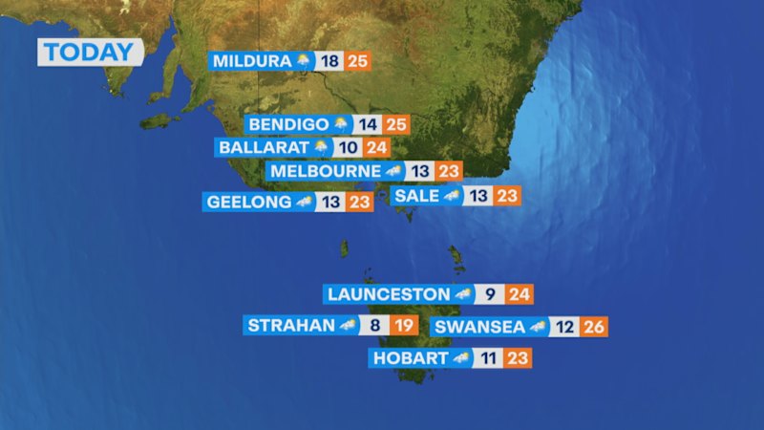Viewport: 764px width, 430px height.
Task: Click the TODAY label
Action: pyautogui.click(x=91, y=52)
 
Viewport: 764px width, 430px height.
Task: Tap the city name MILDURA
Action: pyautogui.click(x=251, y=62)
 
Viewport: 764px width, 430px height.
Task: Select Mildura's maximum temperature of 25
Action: pyautogui.click(x=358, y=62)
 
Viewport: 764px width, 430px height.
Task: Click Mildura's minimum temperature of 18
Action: pyautogui.click(x=330, y=62)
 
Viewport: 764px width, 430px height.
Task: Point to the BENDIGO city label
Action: pyautogui.click(x=288, y=124)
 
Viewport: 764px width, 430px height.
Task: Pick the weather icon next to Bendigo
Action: pyautogui.click(x=342, y=124)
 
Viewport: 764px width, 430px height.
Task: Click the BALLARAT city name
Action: pyautogui.click(x=264, y=148)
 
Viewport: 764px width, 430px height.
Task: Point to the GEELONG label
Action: pyautogui.click(x=248, y=202)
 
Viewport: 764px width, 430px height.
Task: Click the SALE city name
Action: pyautogui.click(x=416, y=196)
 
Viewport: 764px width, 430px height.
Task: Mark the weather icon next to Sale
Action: pyautogui.click(x=451, y=196)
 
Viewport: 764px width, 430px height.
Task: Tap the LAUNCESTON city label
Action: pyautogui.click(x=387, y=294)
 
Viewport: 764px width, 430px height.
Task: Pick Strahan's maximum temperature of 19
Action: pyautogui.click(x=404, y=325)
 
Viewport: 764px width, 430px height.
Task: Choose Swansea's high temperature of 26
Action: pyautogui.click(x=593, y=327)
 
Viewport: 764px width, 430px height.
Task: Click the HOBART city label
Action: pyautogui.click(x=409, y=358)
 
